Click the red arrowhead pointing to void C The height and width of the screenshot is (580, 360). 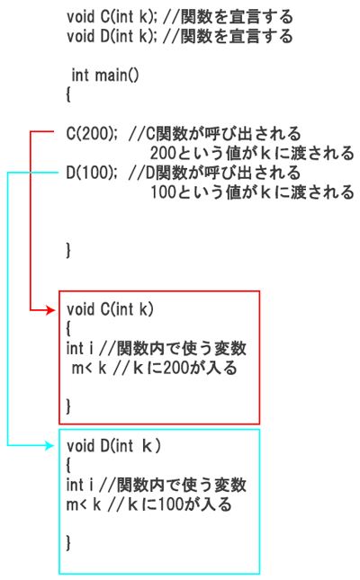[x=50, y=309]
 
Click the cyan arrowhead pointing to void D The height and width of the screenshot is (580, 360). [x=50, y=445]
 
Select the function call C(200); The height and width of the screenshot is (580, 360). [x=92, y=133]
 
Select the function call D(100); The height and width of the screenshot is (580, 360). [x=92, y=173]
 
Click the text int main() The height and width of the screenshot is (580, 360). [x=105, y=76]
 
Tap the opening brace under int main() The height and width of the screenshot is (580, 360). [x=68, y=94]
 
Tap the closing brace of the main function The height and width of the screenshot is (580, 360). [x=68, y=250]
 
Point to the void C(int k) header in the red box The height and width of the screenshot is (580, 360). [x=110, y=309]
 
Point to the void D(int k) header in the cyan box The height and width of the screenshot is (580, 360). [x=113, y=446]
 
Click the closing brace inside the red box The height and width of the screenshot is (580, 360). [x=68, y=406]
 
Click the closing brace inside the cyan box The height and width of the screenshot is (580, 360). [x=68, y=542]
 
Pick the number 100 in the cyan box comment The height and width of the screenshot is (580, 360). [x=171, y=504]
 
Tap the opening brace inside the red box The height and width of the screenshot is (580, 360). [x=68, y=327]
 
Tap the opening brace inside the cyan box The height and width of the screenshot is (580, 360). [x=68, y=464]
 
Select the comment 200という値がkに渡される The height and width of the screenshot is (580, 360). [x=252, y=153]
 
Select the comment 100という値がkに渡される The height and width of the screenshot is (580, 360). [x=252, y=192]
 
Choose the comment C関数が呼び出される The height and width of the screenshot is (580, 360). [x=215, y=133]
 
